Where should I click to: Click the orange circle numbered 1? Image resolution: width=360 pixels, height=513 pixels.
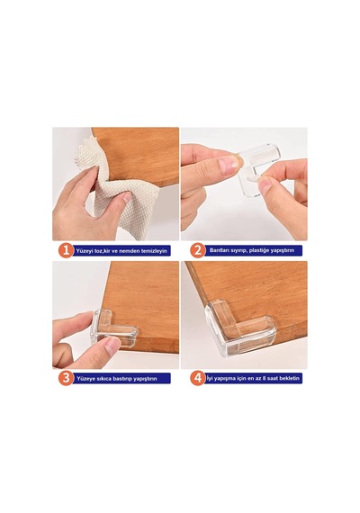[x=66, y=251]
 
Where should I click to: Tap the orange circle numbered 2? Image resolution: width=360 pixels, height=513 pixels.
[x=197, y=250]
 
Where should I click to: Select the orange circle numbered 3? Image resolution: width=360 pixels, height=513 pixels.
[x=66, y=378]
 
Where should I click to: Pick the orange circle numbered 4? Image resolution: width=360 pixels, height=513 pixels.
[x=198, y=378]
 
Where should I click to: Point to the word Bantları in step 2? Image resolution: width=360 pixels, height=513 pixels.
[x=218, y=250]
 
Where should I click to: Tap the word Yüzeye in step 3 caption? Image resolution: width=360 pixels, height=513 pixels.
[x=85, y=379]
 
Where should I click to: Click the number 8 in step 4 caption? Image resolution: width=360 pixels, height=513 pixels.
[x=264, y=378]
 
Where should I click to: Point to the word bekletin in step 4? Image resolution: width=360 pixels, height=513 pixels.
[x=290, y=378]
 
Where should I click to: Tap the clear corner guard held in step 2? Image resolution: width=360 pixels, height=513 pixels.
[x=258, y=166]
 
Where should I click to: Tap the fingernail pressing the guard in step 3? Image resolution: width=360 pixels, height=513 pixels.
[x=112, y=344]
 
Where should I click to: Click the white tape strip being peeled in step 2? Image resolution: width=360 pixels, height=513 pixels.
[x=253, y=177]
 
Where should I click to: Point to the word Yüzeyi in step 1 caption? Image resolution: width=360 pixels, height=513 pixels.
[x=85, y=251]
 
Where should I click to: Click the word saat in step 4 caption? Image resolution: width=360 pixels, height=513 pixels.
[x=273, y=378]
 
